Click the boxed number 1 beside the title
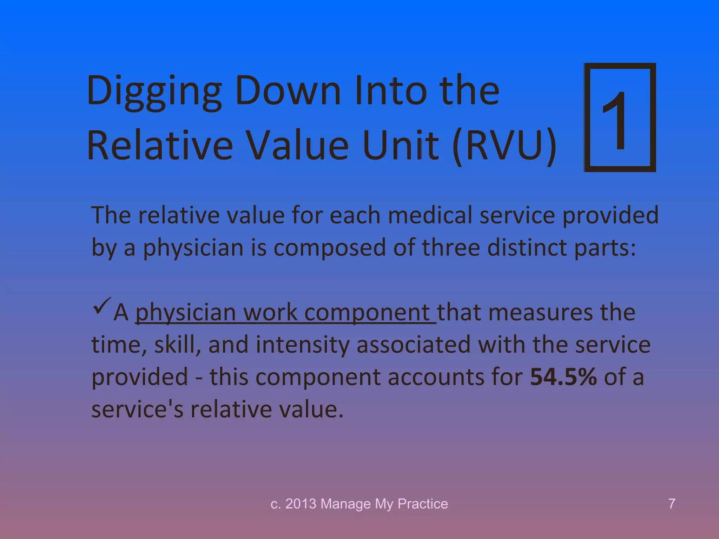coord(620,118)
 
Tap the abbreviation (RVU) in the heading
coord(504,146)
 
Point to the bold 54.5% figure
coord(563,377)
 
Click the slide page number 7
coord(672,504)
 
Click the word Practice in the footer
coord(423,504)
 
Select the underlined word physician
coord(185,312)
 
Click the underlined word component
coord(367,312)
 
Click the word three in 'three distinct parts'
coord(451,247)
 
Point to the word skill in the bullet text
coord(177,345)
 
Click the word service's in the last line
coord(137,409)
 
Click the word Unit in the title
coord(400,146)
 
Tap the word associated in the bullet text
coord(413,345)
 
